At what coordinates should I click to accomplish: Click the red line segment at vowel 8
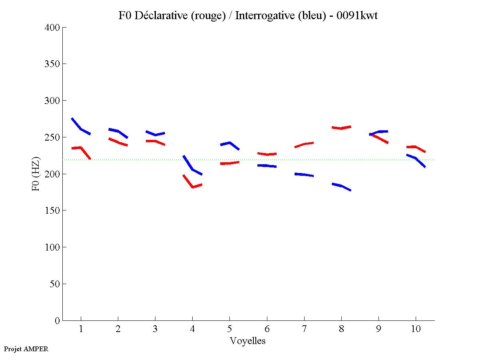click(x=341, y=128)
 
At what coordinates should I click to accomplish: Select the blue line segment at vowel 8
click(x=341, y=186)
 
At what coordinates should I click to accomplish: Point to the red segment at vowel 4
click(x=193, y=186)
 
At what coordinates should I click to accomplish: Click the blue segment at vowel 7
click(x=304, y=175)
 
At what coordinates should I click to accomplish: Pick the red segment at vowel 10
click(x=416, y=147)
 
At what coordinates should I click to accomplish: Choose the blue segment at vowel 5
click(x=229, y=143)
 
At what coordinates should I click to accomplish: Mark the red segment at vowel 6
click(x=267, y=154)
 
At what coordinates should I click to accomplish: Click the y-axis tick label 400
click(x=52, y=28)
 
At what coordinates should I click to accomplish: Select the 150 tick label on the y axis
click(x=52, y=211)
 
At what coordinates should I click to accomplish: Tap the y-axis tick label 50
click(x=55, y=284)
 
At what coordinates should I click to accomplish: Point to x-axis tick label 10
click(x=416, y=329)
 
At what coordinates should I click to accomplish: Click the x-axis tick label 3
click(x=155, y=329)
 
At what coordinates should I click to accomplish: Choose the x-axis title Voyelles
click(x=248, y=341)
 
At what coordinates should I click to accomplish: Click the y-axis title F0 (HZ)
click(x=36, y=174)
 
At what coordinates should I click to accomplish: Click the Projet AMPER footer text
click(x=26, y=349)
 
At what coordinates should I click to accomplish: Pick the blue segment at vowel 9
click(x=378, y=132)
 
